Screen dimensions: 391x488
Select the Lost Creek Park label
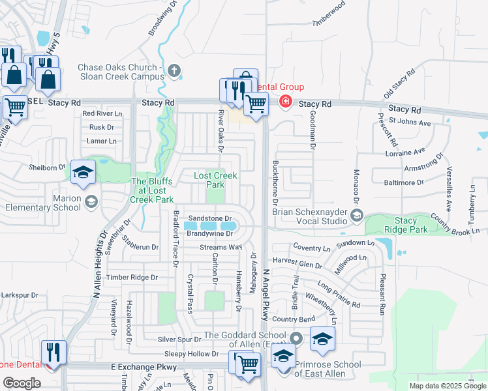pos(215,180)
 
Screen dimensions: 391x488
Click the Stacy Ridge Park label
pos(406,225)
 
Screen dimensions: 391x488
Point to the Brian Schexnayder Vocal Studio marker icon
pos(356,215)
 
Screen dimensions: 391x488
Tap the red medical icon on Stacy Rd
pos(285,102)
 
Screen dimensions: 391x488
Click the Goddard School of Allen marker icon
pos(297,338)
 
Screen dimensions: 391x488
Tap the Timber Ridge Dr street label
pos(132,277)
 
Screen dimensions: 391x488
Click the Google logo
pos(22,383)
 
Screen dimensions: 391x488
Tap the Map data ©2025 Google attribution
pos(446,386)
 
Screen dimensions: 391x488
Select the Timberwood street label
pos(329,15)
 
